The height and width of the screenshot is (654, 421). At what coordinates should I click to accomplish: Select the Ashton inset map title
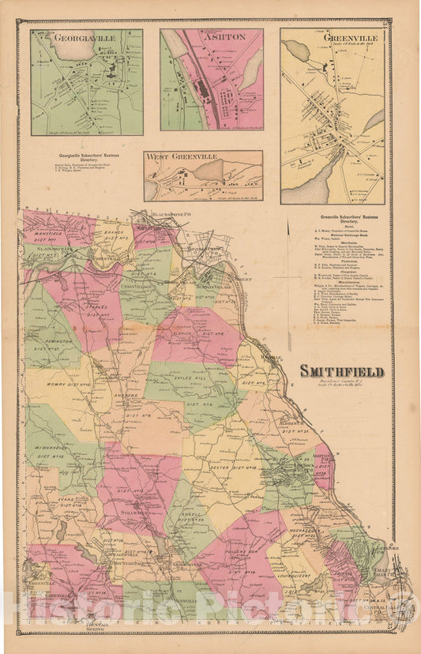[x=210, y=37]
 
